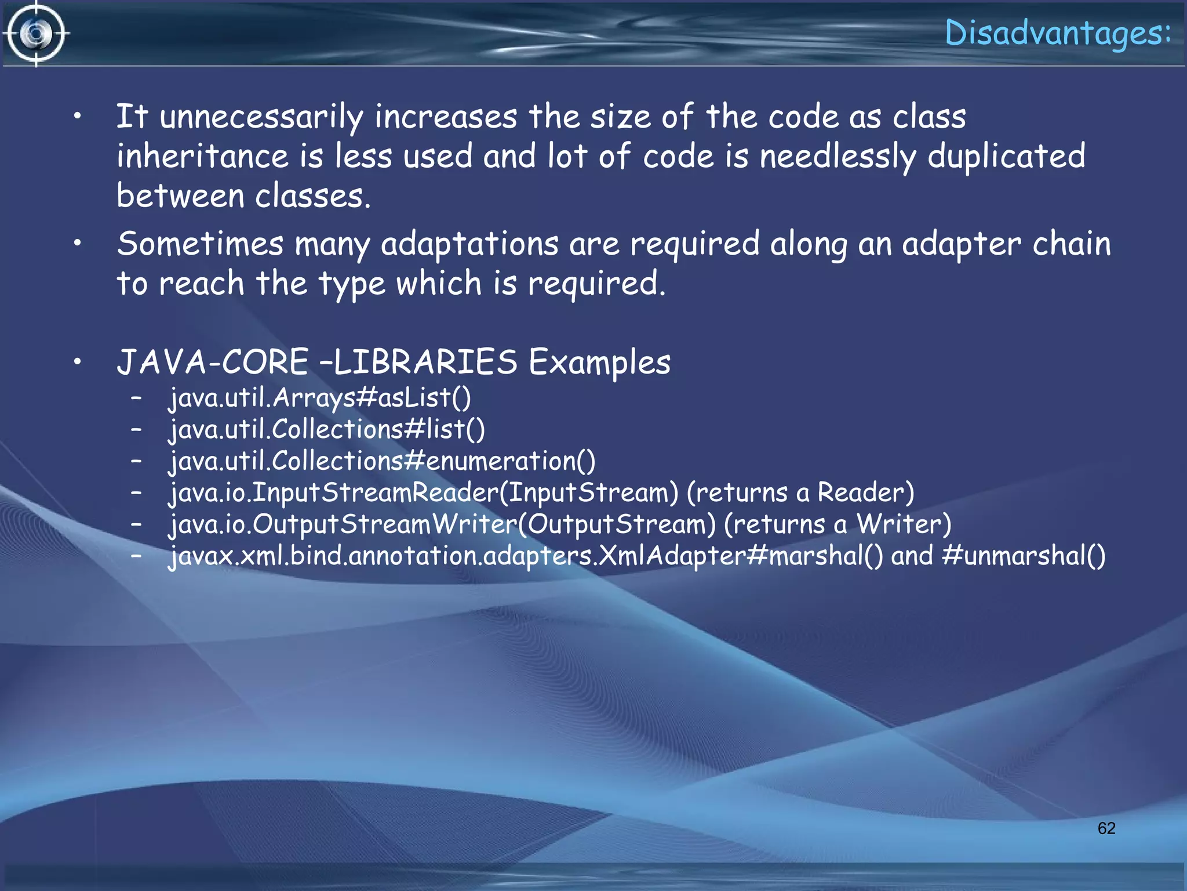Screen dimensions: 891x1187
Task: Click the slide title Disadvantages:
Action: click(1058, 33)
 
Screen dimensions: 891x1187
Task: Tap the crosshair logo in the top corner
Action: click(36, 34)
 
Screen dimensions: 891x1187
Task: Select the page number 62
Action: click(1106, 828)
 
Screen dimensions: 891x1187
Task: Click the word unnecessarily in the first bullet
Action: click(261, 117)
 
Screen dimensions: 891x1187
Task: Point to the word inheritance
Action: click(202, 157)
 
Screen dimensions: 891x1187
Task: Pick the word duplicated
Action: click(1007, 157)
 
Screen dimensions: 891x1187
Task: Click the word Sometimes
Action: click(200, 244)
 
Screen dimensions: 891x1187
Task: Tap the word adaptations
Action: click(469, 245)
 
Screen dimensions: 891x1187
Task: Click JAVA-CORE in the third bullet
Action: click(212, 363)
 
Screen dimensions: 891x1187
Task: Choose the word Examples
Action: click(599, 363)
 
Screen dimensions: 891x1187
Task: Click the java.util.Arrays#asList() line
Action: click(320, 399)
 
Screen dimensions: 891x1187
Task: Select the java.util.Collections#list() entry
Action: click(327, 430)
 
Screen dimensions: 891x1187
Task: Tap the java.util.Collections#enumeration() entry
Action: click(382, 462)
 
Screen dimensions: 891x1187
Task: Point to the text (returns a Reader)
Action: click(800, 493)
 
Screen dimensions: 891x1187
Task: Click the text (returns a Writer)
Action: click(838, 525)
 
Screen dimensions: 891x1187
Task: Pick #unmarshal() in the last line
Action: click(1024, 556)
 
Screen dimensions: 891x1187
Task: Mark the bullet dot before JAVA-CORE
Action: click(77, 362)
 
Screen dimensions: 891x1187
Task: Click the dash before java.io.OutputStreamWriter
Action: click(137, 524)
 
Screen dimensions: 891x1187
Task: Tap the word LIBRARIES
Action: click(425, 363)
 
